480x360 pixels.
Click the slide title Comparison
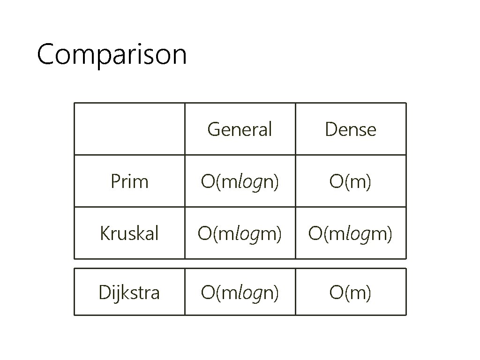(112, 55)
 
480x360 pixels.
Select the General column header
(240, 129)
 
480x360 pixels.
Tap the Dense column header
(351, 129)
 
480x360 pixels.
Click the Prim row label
(129, 181)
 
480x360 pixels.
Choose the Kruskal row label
(129, 233)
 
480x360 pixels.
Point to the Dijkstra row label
(129, 292)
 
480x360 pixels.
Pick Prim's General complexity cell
(240, 181)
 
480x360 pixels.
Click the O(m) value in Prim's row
(351, 181)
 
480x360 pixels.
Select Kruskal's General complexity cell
(240, 233)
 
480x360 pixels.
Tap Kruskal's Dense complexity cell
(351, 233)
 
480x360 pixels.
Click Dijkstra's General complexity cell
(240, 292)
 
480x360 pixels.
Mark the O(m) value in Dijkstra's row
(351, 292)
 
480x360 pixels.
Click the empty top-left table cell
(129, 129)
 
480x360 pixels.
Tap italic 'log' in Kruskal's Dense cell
(358, 234)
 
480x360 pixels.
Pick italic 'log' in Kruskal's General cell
(247, 234)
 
